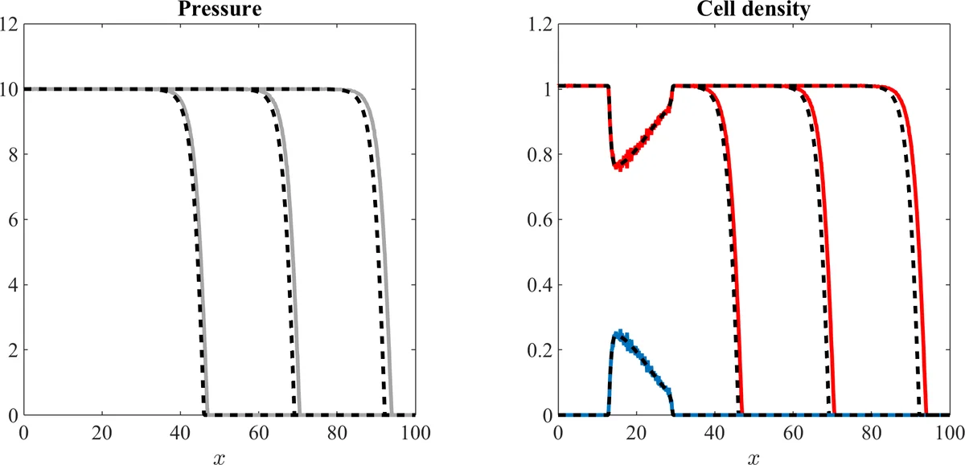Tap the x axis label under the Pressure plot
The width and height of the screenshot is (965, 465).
219,455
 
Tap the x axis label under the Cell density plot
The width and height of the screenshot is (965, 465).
754,455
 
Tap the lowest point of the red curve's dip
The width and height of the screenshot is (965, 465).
618,167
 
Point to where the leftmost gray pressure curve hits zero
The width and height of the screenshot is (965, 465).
207,414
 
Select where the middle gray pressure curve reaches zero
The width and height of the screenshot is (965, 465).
299,414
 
